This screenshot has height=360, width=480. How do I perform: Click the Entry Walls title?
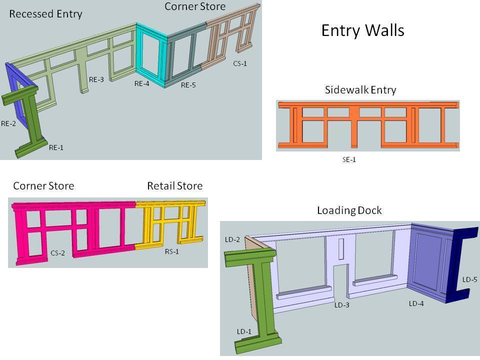(x=362, y=30)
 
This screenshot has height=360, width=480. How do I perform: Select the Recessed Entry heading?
(x=45, y=13)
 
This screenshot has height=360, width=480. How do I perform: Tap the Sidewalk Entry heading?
(x=360, y=90)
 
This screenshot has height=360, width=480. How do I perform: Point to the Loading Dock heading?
(x=349, y=210)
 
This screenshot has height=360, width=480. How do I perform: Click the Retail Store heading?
(x=174, y=186)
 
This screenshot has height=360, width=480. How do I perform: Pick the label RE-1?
(x=56, y=147)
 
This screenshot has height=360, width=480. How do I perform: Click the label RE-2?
(x=8, y=123)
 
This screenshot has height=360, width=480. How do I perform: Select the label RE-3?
(x=96, y=79)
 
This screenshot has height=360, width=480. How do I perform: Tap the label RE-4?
(x=142, y=83)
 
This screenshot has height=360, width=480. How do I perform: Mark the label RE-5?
(x=188, y=85)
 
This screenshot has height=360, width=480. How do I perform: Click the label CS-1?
(x=240, y=63)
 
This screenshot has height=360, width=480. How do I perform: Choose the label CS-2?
(x=57, y=253)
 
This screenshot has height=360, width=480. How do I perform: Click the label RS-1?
(x=172, y=251)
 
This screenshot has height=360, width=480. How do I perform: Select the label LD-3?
(x=342, y=305)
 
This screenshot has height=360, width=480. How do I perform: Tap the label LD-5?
(x=470, y=279)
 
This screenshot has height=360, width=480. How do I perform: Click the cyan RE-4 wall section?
(x=152, y=55)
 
